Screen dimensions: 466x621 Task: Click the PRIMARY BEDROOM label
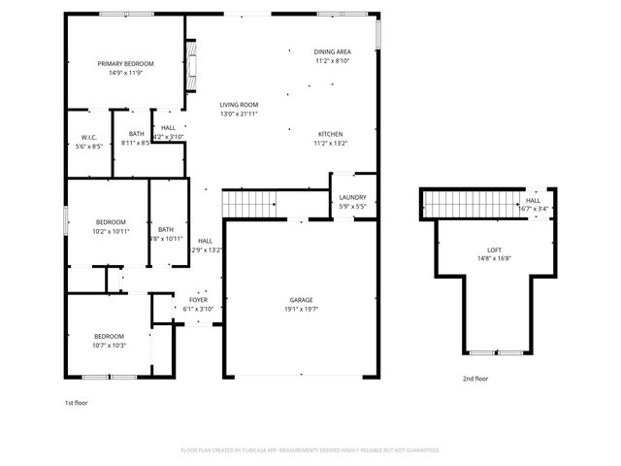click(125, 63)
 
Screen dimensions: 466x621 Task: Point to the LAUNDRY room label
click(352, 197)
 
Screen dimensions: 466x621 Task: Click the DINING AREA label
click(332, 51)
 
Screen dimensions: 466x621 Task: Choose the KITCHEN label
click(330, 134)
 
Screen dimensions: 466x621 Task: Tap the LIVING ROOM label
click(238, 105)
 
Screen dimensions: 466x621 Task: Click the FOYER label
click(199, 300)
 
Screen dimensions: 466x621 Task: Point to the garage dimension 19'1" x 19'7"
click(301, 309)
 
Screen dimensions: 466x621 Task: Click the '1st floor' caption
click(76, 401)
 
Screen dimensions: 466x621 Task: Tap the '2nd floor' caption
click(475, 379)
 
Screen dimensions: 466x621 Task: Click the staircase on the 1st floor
click(249, 204)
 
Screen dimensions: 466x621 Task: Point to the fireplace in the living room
click(191, 63)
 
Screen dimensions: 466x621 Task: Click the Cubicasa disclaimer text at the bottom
click(310, 450)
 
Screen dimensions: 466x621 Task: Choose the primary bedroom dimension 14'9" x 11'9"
click(125, 73)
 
